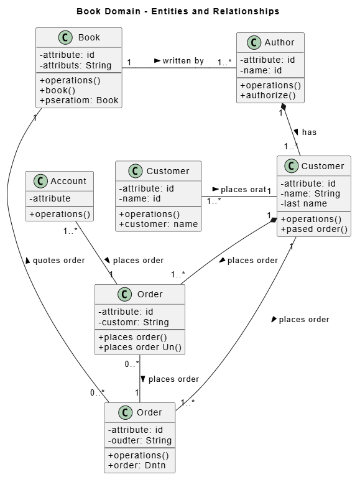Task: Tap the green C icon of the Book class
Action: click(x=65, y=37)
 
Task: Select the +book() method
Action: click(x=57, y=90)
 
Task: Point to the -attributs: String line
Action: click(x=76, y=65)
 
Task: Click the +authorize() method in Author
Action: click(x=268, y=95)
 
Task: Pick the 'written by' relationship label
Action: click(x=183, y=61)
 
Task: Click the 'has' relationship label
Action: click(x=309, y=132)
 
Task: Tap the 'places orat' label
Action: click(x=243, y=189)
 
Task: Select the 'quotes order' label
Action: click(x=58, y=261)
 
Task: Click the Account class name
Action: click(x=68, y=181)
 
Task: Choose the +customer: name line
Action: click(x=159, y=224)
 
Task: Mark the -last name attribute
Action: click(x=304, y=203)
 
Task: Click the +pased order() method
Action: click(x=314, y=229)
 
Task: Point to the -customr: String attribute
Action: click(x=134, y=322)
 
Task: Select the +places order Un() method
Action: click(x=140, y=348)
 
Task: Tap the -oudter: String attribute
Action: click(x=140, y=440)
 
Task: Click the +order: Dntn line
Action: click(x=137, y=465)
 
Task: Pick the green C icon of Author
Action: click(x=254, y=42)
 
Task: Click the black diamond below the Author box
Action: click(x=284, y=106)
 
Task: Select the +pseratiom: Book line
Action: click(x=79, y=100)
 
